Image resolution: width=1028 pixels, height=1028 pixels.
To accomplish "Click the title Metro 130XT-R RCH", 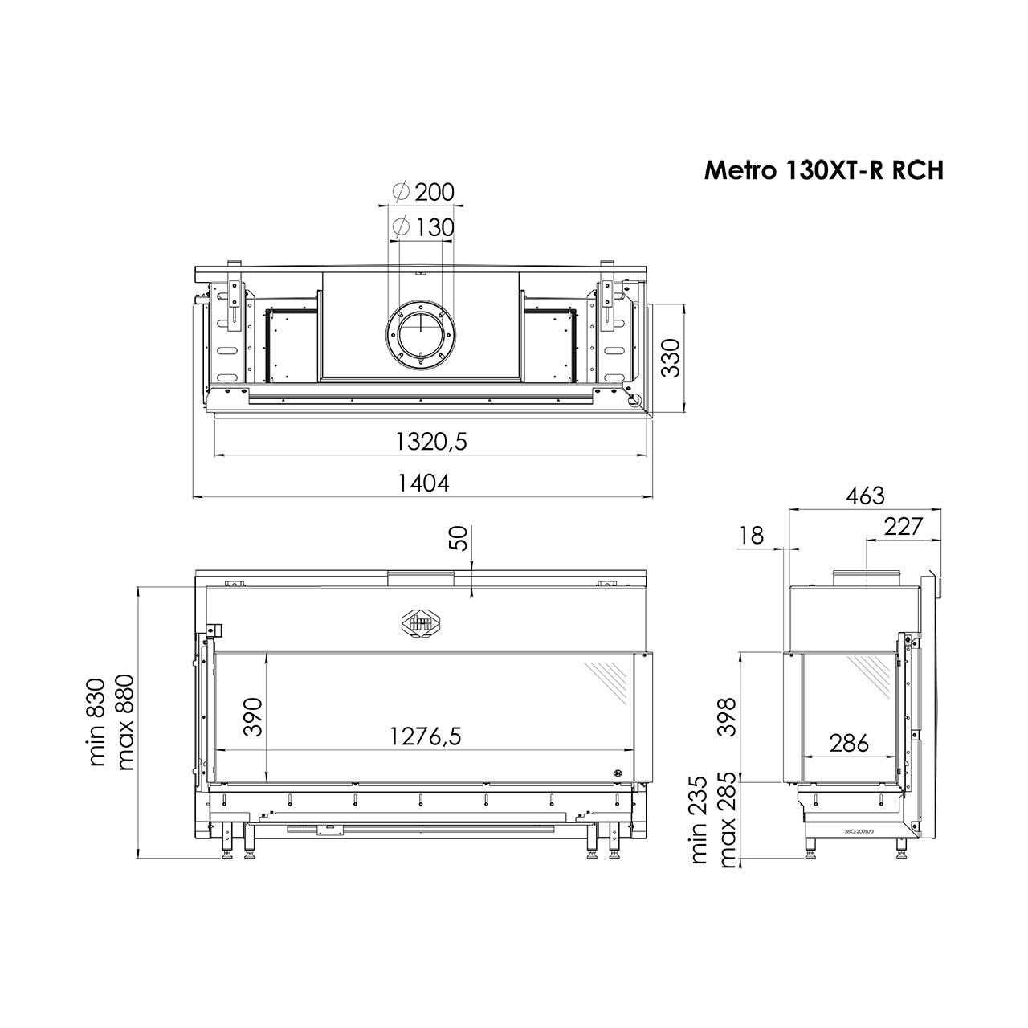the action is tap(824, 171).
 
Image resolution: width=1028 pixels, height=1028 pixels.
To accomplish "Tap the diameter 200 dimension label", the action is tap(422, 192).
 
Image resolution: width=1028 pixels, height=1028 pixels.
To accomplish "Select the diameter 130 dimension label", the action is tap(422, 228).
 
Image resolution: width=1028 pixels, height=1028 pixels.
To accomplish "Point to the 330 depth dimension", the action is tap(671, 357).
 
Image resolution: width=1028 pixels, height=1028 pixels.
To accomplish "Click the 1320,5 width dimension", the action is tap(431, 441).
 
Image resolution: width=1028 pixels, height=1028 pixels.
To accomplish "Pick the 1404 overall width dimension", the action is tap(424, 483).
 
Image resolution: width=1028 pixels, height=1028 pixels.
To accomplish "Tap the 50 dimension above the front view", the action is tap(459, 538).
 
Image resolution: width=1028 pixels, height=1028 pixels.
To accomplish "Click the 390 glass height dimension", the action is tap(253, 717).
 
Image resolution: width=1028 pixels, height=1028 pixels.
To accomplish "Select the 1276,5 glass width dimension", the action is tap(425, 736).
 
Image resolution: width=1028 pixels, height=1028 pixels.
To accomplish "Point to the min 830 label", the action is tap(98, 723).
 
